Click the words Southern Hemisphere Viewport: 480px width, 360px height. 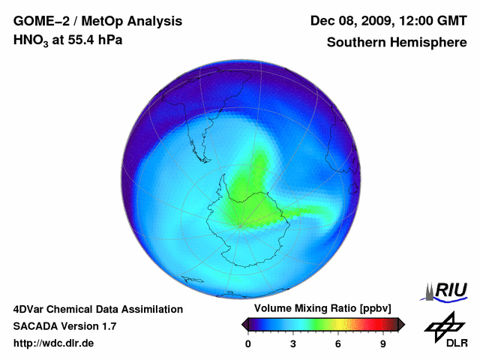pyautogui.click(x=397, y=42)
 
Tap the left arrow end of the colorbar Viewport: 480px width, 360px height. pyautogui.click(x=244, y=324)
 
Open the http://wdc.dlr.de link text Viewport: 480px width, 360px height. pyautogui.click(x=54, y=343)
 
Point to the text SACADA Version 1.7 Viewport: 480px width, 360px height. pyautogui.click(x=64, y=326)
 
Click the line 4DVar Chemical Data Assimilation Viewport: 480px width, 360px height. pyautogui.click(x=97, y=309)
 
